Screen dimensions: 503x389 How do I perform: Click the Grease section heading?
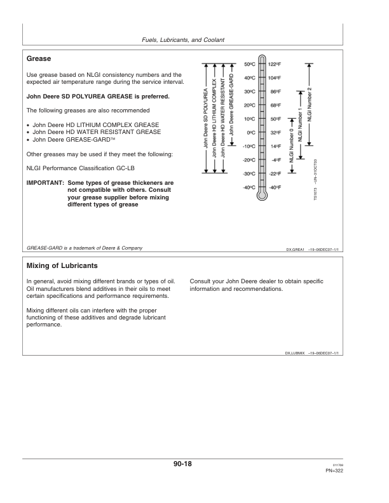[39, 59]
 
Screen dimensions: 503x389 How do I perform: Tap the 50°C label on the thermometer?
[249, 64]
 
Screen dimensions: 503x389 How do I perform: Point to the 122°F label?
[275, 64]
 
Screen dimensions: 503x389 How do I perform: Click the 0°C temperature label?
[250, 133]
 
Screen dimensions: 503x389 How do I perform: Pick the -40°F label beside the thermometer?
[275, 187]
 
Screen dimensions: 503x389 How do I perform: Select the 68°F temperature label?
[275, 105]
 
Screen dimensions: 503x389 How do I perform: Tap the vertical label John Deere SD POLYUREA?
[205, 133]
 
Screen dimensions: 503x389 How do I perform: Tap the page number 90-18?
[182, 465]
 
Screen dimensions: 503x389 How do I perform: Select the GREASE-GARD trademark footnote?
[84, 248]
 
